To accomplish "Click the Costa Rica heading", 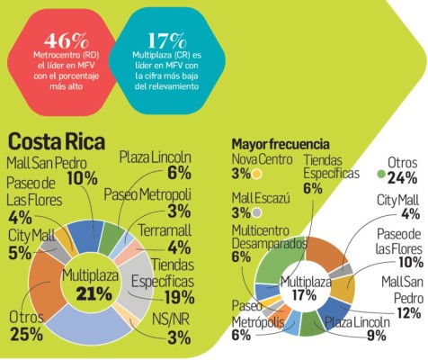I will tap(56, 142).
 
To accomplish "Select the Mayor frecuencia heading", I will tap(280, 143).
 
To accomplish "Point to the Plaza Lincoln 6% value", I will tap(179, 173).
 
